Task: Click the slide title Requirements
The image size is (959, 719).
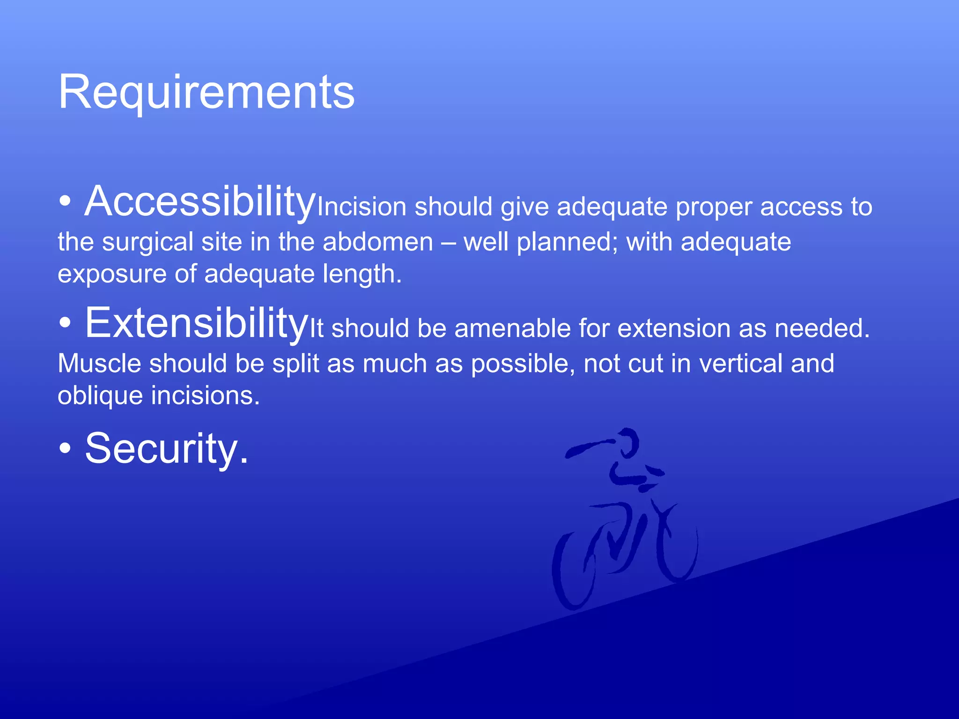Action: point(206,92)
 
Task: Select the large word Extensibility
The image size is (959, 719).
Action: point(196,323)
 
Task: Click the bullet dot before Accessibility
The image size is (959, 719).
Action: point(66,202)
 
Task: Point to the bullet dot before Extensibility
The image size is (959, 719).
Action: point(66,323)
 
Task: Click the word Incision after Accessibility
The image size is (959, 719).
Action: point(361,207)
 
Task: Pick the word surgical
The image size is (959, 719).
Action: point(148,242)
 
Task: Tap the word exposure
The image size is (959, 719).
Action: point(112,274)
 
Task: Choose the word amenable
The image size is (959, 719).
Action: point(512,328)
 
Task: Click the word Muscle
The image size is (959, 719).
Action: point(99,364)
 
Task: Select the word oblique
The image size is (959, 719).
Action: point(100,396)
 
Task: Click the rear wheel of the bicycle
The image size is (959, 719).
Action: point(572,571)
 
